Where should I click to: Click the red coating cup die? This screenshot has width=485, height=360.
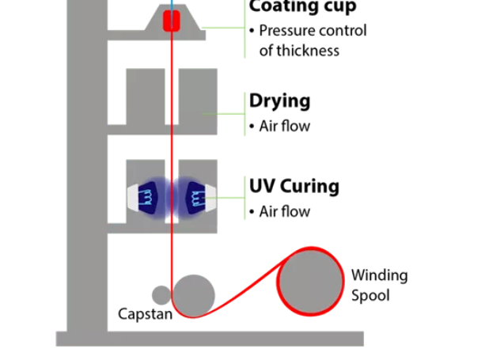172,21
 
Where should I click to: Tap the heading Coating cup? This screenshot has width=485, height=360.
302,7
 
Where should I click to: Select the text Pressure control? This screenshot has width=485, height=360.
313,31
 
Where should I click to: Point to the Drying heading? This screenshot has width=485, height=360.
279,100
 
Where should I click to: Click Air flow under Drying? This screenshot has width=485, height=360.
284,126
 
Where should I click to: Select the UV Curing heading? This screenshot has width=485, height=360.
294,187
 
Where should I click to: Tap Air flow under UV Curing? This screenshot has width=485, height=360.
284,212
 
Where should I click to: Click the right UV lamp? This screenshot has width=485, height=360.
196,197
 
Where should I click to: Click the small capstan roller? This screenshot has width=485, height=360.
161,295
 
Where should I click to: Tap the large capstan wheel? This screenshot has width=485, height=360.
194,294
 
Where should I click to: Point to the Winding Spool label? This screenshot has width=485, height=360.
379,286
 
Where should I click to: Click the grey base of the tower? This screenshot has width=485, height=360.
210,339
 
